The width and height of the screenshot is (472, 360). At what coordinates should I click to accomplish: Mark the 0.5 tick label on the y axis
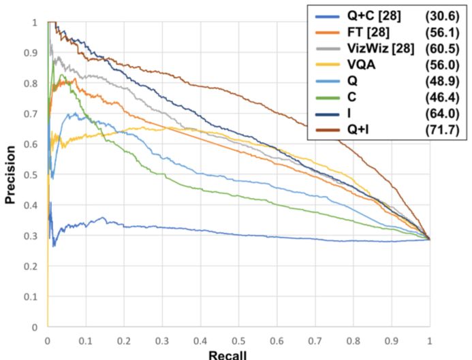(x=34, y=175)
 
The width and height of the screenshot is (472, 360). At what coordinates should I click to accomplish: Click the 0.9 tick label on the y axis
(x=34, y=53)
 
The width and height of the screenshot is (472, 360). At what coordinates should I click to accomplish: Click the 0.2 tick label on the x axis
(x=123, y=339)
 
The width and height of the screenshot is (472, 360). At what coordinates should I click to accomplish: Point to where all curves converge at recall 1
(x=429, y=239)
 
